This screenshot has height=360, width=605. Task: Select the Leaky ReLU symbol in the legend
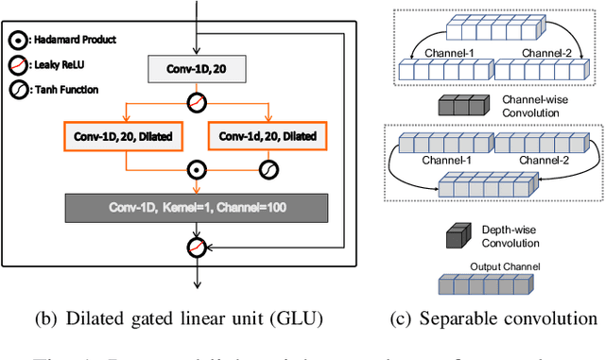tap(19, 64)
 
